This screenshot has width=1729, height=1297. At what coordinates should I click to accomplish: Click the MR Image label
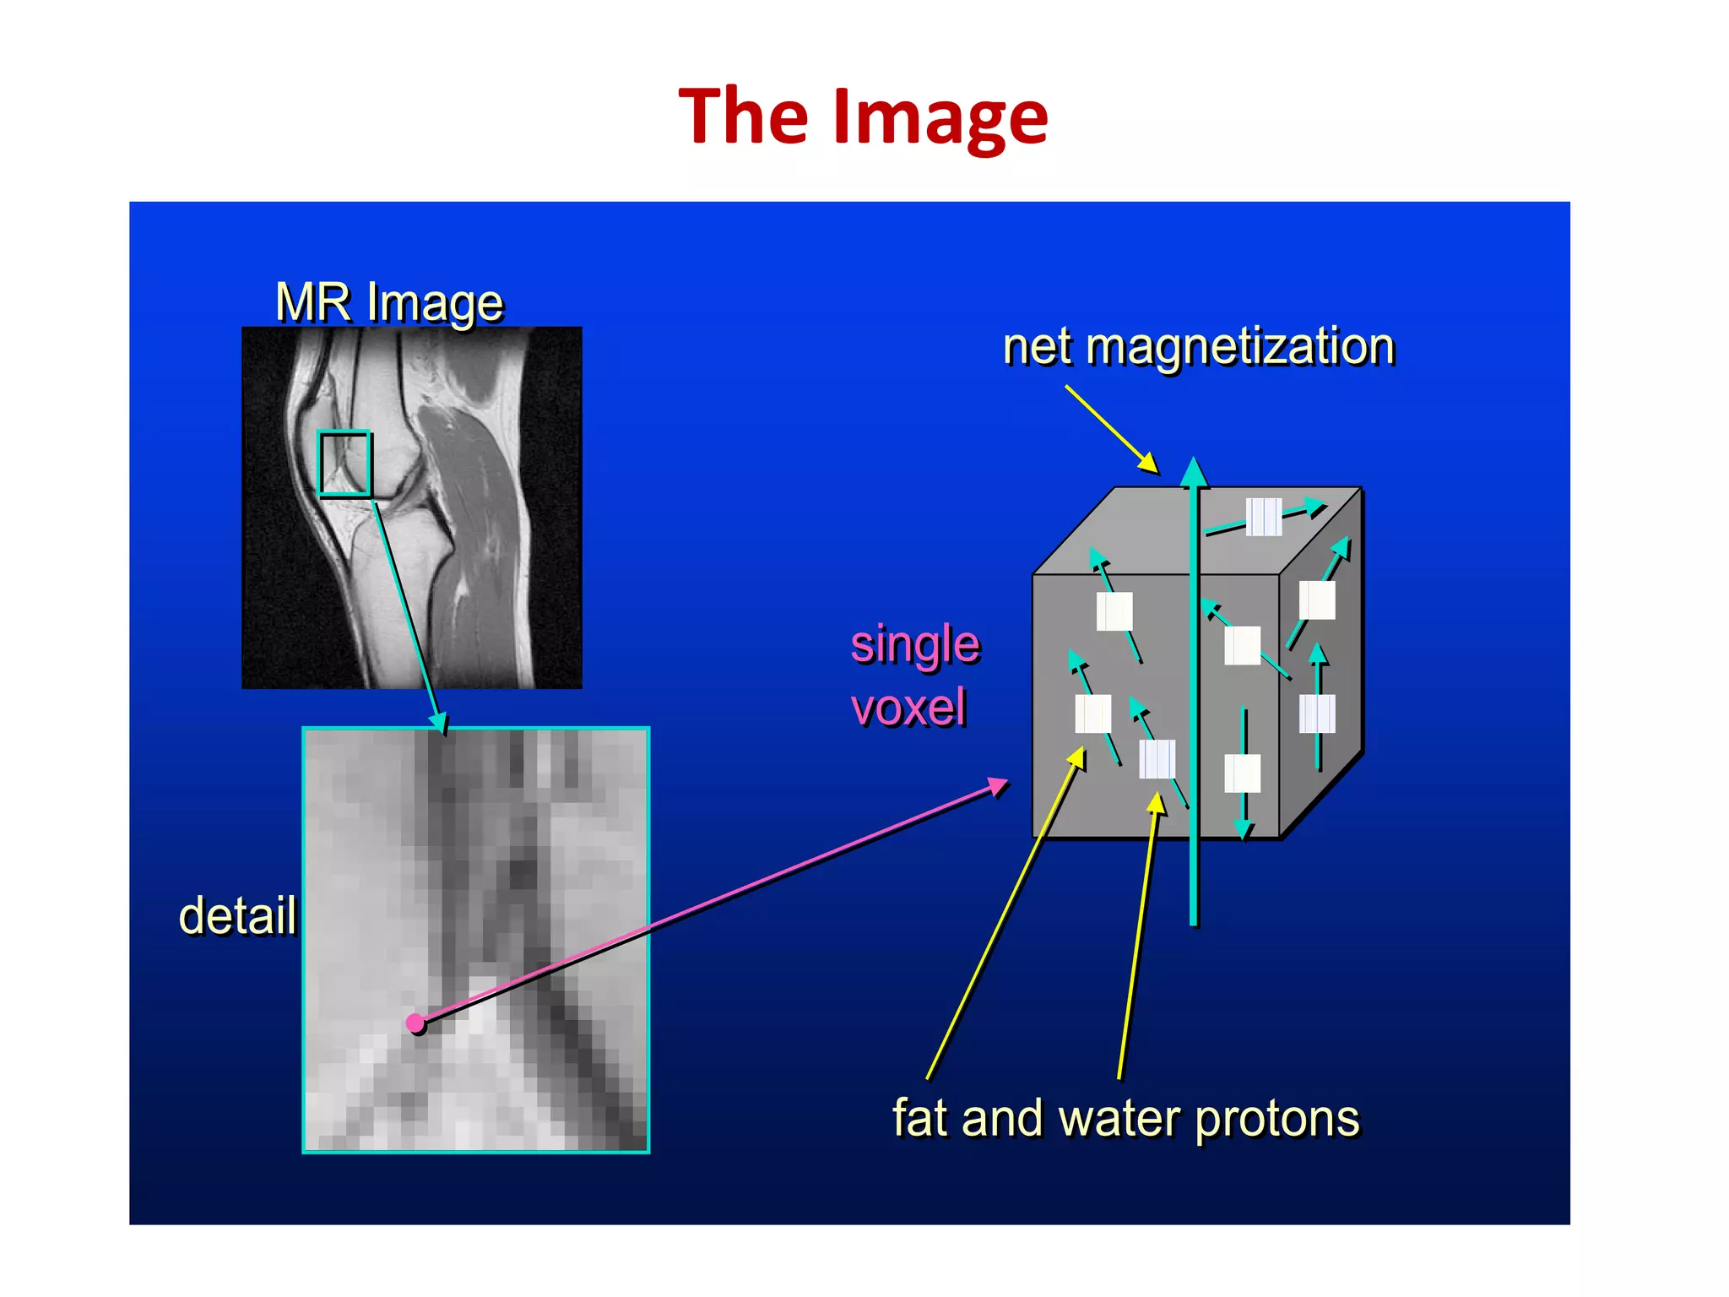coord(389,302)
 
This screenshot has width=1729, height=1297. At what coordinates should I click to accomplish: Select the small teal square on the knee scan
coord(344,463)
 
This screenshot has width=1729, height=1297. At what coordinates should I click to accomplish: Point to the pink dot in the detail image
coord(415,1023)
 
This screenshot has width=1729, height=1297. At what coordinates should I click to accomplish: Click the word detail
coord(237,915)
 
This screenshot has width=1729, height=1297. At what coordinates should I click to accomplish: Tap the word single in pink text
coord(915,644)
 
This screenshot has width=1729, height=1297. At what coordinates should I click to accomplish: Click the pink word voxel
coord(908,708)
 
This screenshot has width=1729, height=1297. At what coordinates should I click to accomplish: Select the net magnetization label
coord(1198,346)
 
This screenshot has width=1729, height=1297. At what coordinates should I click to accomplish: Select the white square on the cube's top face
coord(1264,517)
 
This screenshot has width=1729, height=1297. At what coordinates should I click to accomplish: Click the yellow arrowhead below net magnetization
coord(1150,464)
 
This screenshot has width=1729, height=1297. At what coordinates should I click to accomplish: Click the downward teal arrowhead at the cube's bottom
coord(1244,830)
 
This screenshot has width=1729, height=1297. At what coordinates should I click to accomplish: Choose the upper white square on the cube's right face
coord(1317,600)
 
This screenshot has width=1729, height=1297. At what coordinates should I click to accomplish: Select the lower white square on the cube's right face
coord(1317,714)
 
